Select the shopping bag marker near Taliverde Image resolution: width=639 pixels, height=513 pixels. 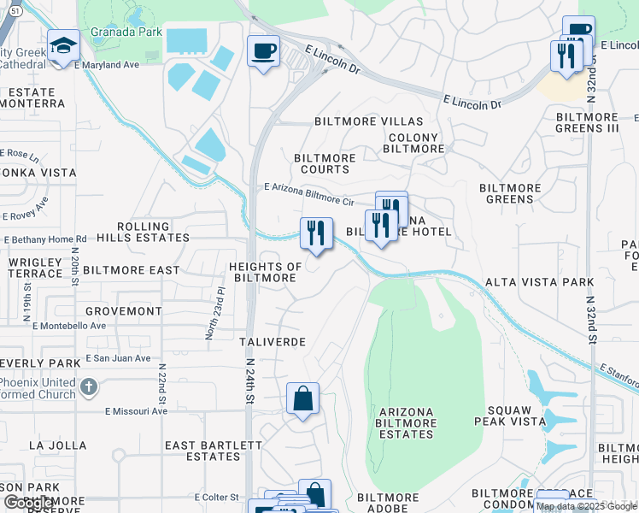click(302, 398)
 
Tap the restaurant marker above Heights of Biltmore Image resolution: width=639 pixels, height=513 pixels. click(316, 233)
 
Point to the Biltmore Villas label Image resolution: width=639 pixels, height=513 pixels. click(357, 121)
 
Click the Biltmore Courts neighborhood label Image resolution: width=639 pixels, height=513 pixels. click(325, 163)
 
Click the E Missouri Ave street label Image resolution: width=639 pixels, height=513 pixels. click(136, 411)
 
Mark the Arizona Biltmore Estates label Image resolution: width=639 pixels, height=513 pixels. click(406, 423)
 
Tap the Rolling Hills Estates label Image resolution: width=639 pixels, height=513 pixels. click(144, 232)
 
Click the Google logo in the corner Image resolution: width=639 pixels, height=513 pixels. click(28, 504)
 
